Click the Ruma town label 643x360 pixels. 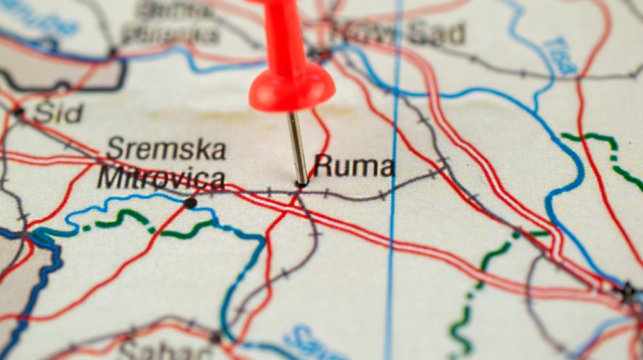pos(353,166)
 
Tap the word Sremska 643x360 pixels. pos(166,149)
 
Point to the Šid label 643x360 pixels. pos(58,113)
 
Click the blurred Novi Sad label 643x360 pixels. pos(399,32)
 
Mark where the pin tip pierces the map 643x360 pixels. pos(301,184)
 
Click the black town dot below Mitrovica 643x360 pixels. pos(190,203)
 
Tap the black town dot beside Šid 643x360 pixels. pos(19,112)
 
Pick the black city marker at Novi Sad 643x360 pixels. pos(316,51)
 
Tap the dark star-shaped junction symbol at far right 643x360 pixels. pos(627,292)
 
